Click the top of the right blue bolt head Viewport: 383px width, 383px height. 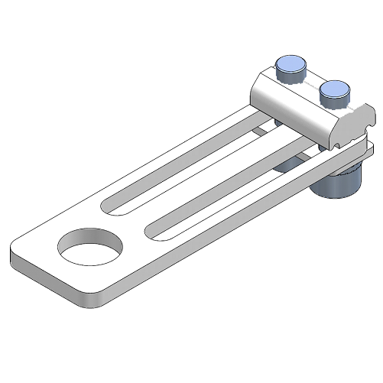(x=334, y=89)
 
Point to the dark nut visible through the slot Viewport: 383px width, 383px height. (x=288, y=164)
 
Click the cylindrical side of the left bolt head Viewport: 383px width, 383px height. (x=289, y=75)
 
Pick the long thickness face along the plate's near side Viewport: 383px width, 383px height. (x=229, y=237)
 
